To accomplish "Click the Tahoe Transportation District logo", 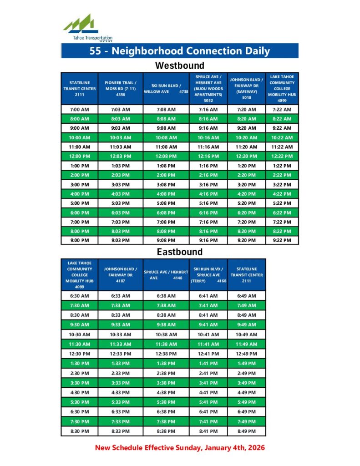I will pyautogui.click(x=86, y=27).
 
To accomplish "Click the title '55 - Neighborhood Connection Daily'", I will pyautogui.click(x=180, y=51).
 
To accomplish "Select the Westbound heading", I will pyautogui.click(x=180, y=66).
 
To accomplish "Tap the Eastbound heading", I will pyautogui.click(x=180, y=252).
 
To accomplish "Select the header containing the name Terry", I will pyautogui.click(x=208, y=274).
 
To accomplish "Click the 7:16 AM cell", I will pyautogui.click(x=208, y=110).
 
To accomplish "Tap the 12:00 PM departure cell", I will pyautogui.click(x=80, y=157).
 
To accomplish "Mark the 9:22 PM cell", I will pyautogui.click(x=282, y=240).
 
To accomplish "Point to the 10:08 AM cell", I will pyautogui.click(x=166, y=137).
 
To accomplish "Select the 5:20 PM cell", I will pyautogui.click(x=247, y=203).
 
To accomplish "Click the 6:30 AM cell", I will pyautogui.click(x=80, y=296).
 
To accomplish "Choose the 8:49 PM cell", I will pyautogui.click(x=247, y=431).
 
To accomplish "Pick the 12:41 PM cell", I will pyautogui.click(x=208, y=354).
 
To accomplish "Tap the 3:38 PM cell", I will pyautogui.click(x=166, y=383).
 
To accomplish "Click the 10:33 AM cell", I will pyautogui.click(x=121, y=334).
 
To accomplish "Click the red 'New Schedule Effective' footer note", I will pyautogui.click(x=180, y=448).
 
